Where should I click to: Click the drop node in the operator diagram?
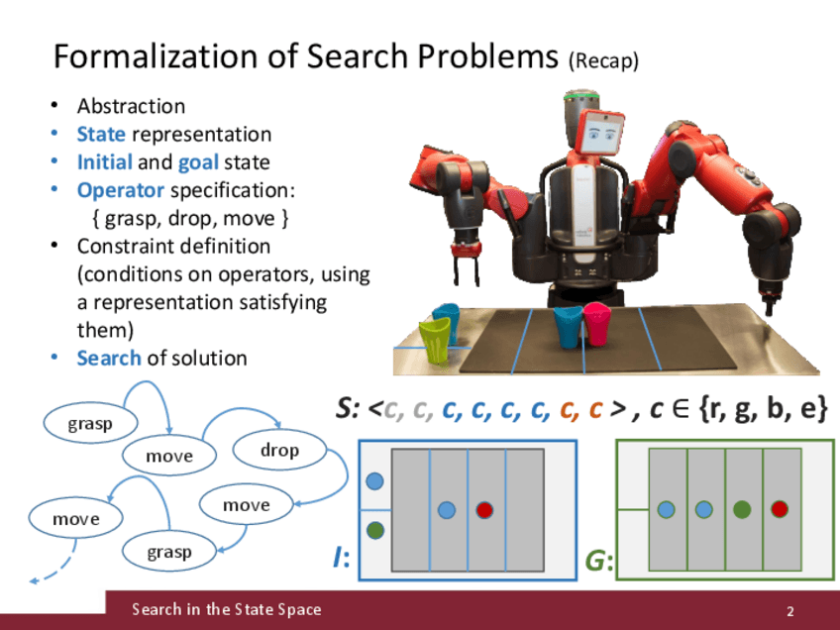tap(279, 451)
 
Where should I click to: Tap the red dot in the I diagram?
tap(484, 510)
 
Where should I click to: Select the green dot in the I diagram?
tap(374, 530)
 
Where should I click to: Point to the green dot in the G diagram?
tap(742, 509)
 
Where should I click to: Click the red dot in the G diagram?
tap(781, 509)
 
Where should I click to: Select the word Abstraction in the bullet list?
tap(132, 106)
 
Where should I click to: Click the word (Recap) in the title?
tap(603, 61)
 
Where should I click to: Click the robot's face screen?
tap(603, 133)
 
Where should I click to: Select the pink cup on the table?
tap(595, 324)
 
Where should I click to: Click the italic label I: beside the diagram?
tap(342, 561)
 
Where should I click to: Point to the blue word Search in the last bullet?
tap(109, 358)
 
